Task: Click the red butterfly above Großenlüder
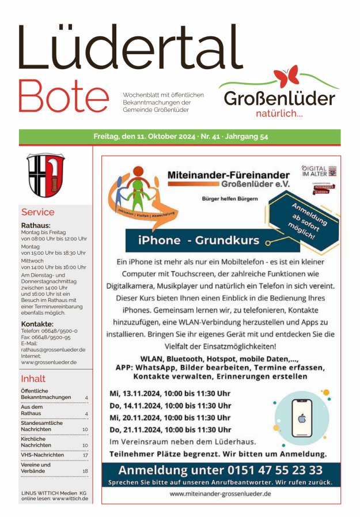287,77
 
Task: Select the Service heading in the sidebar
38,212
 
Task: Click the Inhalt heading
33,379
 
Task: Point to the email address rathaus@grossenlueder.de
53,349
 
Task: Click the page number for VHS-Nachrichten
85,455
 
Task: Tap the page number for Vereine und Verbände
85,471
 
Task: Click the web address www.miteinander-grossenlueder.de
221,494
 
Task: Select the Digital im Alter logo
319,171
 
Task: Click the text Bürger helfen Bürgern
229,199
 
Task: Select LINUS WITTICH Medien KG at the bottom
54,493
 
